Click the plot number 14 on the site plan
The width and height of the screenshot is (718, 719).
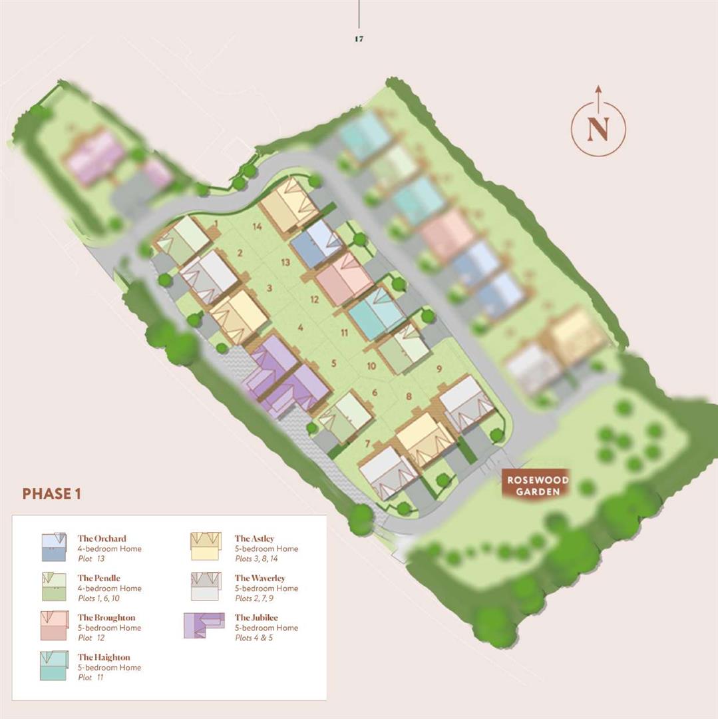[x=256, y=226]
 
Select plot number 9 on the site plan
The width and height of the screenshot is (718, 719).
[x=439, y=368]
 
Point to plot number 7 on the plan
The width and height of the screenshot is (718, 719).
[x=367, y=444]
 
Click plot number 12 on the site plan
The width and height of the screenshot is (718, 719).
[x=315, y=300]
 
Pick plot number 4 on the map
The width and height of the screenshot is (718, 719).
[x=301, y=328]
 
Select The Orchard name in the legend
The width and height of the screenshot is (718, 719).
[x=102, y=539]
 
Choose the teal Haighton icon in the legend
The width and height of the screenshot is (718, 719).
[x=54, y=665]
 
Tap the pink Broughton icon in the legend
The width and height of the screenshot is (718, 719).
[x=54, y=626]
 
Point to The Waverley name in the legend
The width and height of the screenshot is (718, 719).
[x=260, y=579]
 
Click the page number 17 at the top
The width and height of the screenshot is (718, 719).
[x=359, y=39]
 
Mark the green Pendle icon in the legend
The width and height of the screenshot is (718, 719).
[x=54, y=586]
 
